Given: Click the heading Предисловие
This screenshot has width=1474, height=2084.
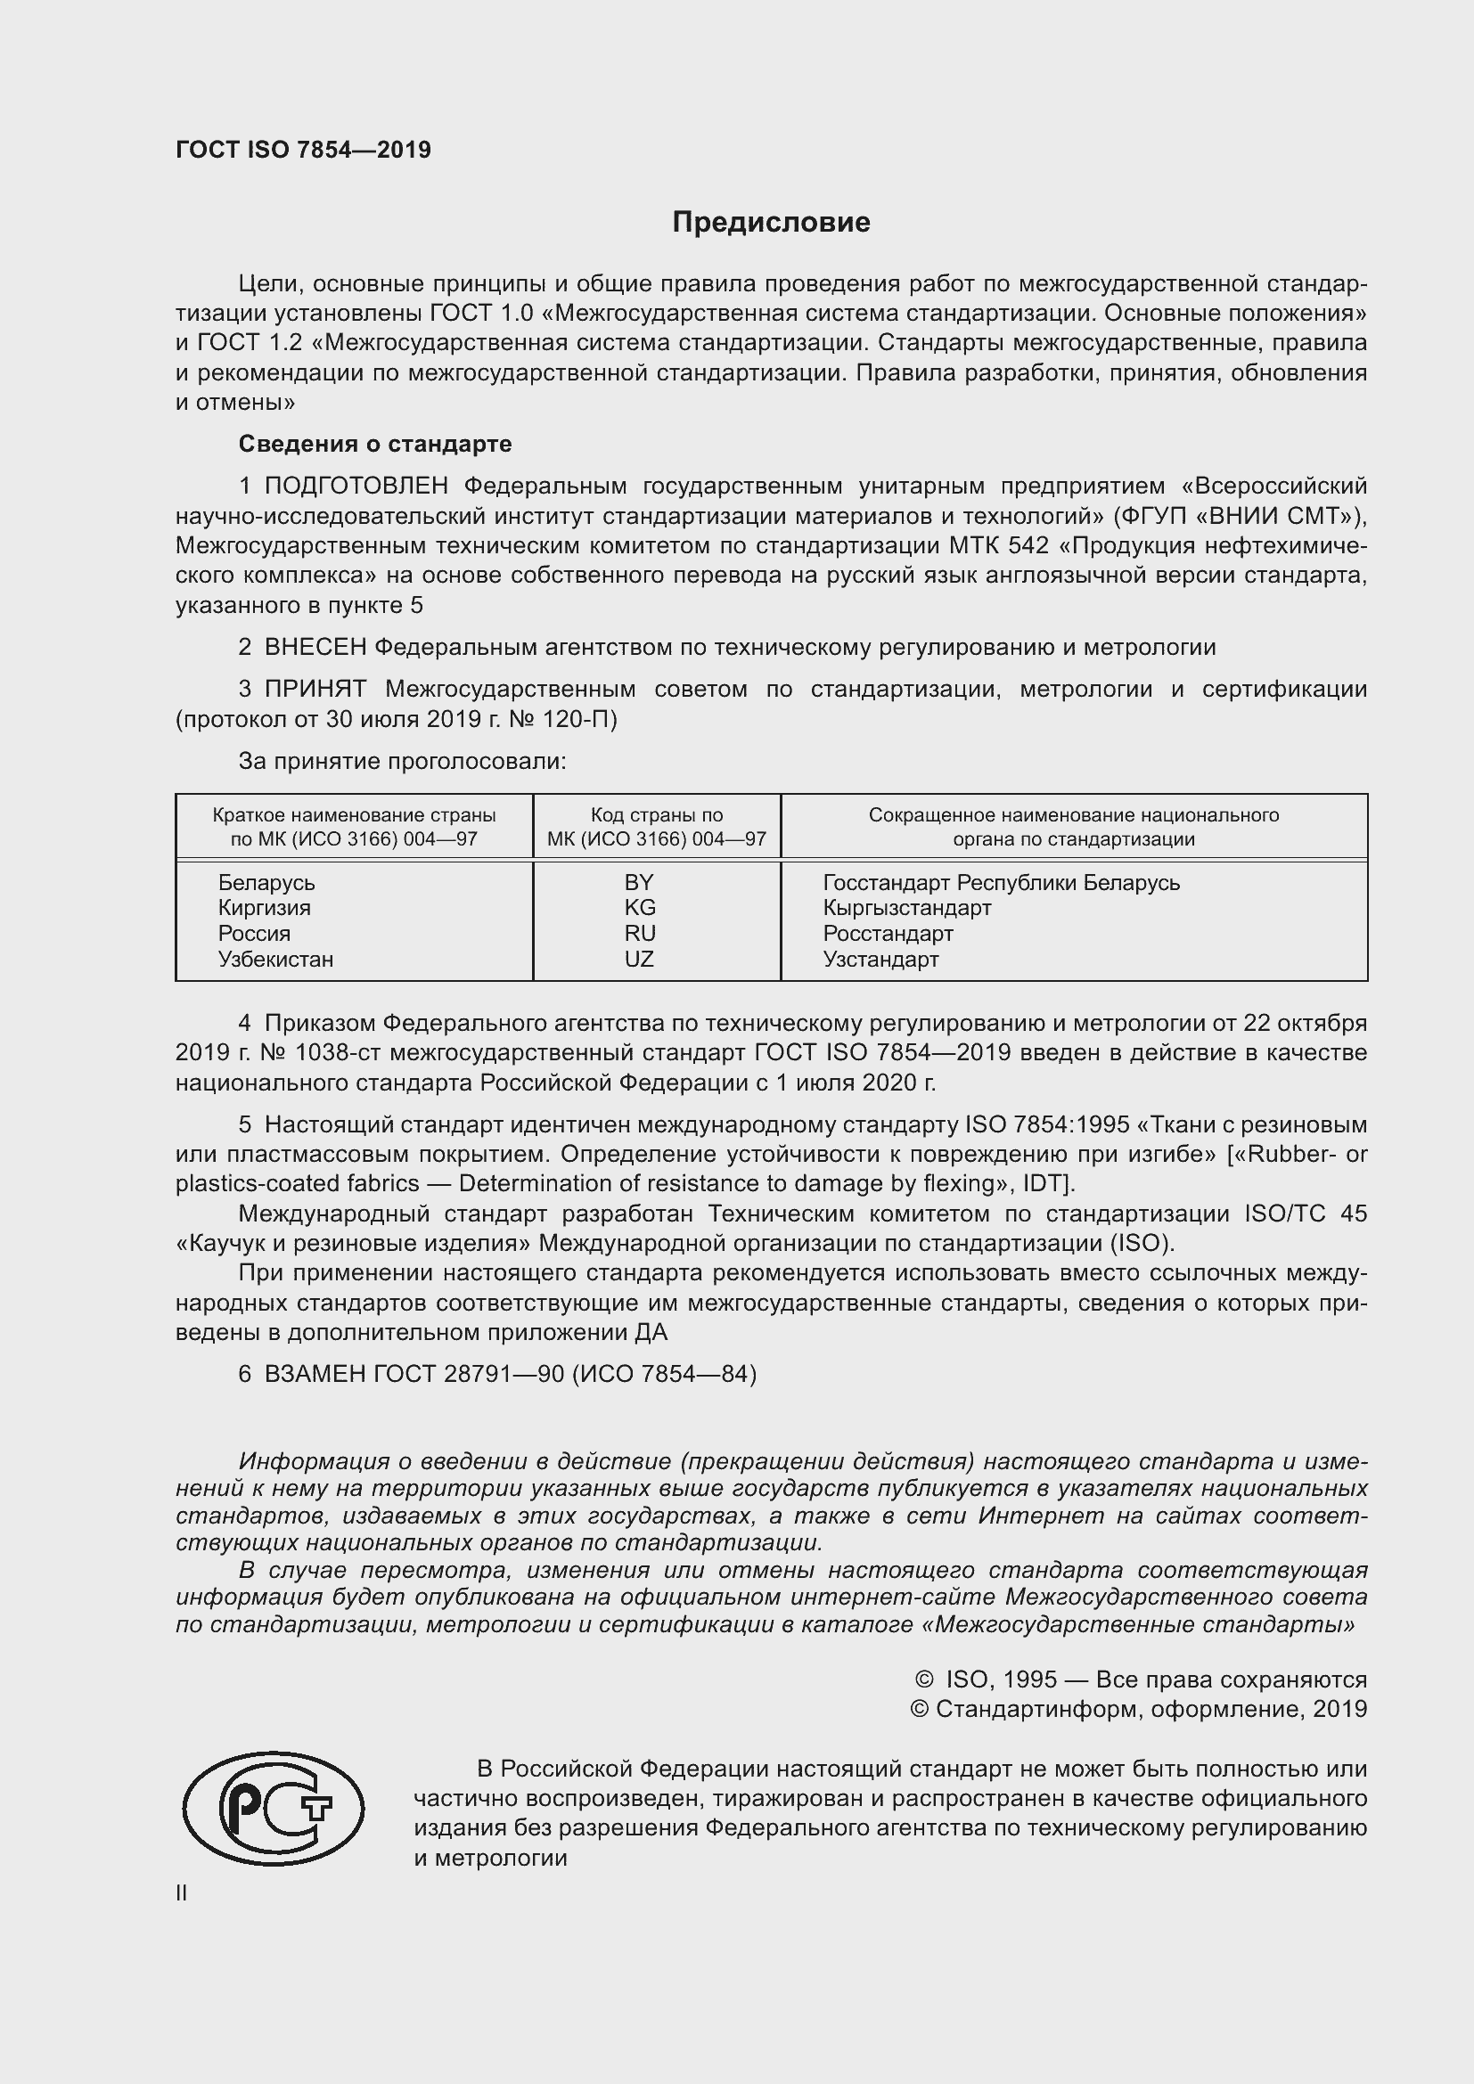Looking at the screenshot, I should tap(771, 223).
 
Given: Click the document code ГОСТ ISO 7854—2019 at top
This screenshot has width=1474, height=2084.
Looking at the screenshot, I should tap(303, 150).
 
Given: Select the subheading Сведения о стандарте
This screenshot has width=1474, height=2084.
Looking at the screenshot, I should tap(375, 444).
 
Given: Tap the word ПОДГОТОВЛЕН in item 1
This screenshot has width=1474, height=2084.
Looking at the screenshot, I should tap(356, 486).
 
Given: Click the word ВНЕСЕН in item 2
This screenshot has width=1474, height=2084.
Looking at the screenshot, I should tap(315, 647).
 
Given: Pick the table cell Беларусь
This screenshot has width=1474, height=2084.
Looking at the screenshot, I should tap(266, 882).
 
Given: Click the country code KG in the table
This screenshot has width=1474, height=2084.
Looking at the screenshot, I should tap(639, 908).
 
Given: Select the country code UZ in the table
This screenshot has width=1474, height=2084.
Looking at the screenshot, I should tap(639, 959).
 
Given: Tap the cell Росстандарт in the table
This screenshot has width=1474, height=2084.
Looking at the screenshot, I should tap(888, 933).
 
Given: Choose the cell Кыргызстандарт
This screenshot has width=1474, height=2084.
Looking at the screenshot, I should tap(906, 908).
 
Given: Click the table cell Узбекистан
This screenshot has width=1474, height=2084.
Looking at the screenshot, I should tap(275, 959).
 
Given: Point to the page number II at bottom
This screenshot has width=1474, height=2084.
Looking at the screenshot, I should tap(182, 1893).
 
